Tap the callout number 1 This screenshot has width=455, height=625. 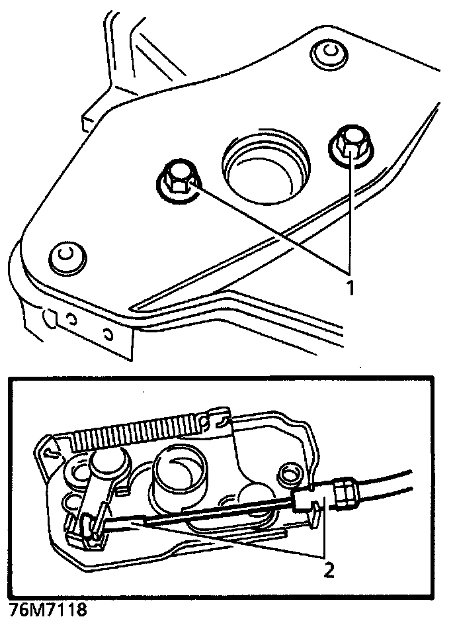click(349, 287)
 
